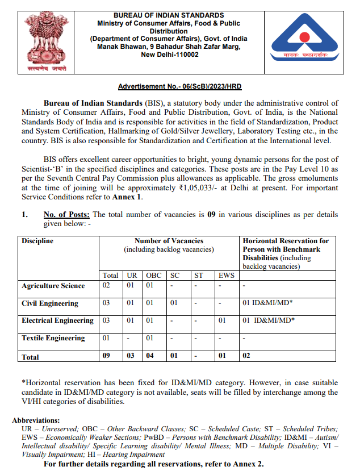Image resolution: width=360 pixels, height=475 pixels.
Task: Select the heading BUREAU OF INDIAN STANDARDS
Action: pos(169,15)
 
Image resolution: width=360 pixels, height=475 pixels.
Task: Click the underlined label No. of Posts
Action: pos(66,214)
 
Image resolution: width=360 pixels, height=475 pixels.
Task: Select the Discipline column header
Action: pos(37,241)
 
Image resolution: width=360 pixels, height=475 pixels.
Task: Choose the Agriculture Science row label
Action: pos(53,286)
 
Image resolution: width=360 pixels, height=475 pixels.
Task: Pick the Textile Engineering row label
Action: pos(53,338)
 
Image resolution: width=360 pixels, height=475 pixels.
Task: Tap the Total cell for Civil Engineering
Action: pos(107,303)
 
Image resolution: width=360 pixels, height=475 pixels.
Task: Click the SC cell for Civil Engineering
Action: pos(174,303)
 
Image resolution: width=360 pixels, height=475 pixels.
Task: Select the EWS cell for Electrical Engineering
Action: pos(223,321)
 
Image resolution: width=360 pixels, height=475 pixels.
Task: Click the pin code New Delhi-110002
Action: pos(169,55)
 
